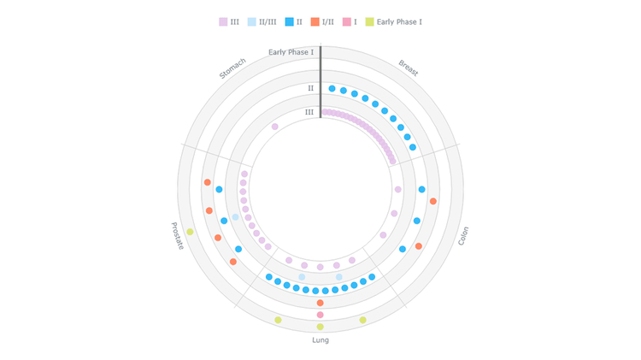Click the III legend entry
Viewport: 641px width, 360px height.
coord(230,21)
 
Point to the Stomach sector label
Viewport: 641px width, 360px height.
coord(232,68)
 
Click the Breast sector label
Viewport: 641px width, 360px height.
coord(409,68)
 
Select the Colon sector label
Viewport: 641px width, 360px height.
coord(463,236)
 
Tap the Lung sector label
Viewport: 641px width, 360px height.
coord(320,339)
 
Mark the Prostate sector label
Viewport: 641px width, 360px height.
coord(178,236)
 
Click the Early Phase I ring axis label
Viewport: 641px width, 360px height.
coord(291,52)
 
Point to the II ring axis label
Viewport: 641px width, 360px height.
coord(310,88)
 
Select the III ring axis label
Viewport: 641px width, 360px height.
coord(309,112)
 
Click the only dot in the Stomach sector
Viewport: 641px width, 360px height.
coord(274,127)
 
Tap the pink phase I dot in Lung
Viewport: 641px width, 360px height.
coord(320,315)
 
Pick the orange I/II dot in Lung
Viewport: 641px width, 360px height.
coord(320,303)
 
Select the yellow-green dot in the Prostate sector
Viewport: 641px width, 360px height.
coord(190,232)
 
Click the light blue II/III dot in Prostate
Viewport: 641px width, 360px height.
coord(235,217)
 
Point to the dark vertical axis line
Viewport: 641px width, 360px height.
coord(320,81)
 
